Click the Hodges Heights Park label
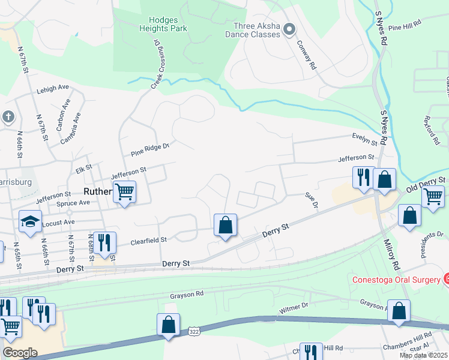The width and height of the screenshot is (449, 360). pyautogui.click(x=163, y=24)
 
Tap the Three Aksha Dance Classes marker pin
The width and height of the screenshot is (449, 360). pyautogui.click(x=289, y=29)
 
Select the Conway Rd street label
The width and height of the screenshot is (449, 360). pyautogui.click(x=306, y=56)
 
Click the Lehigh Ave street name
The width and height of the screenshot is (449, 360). pyautogui.click(x=53, y=88)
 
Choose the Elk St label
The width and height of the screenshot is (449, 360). pyautogui.click(x=83, y=167)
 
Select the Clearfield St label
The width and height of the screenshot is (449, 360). pyautogui.click(x=148, y=241)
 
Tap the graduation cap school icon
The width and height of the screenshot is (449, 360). pyautogui.click(x=30, y=222)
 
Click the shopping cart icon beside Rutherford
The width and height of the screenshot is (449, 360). pyautogui.click(x=124, y=192)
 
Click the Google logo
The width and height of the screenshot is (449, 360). pyautogui.click(x=20, y=353)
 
